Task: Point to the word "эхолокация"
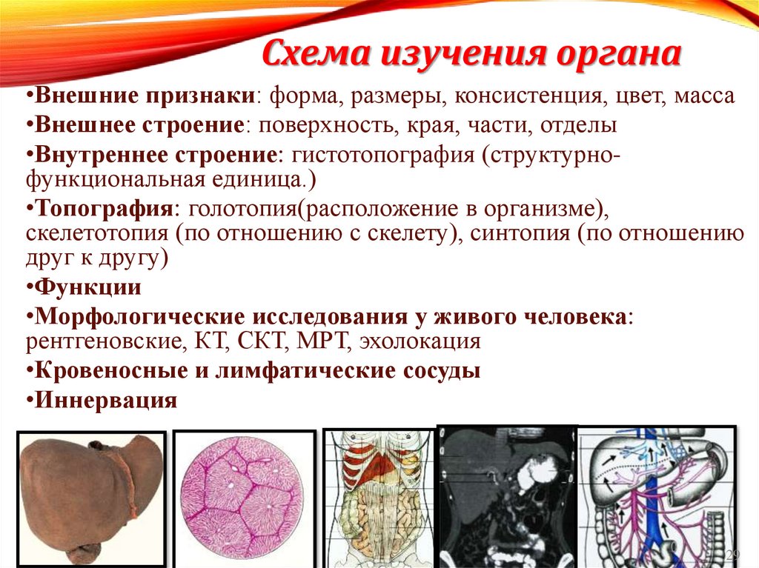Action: (x=420, y=341)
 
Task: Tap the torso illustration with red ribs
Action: (x=378, y=498)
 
